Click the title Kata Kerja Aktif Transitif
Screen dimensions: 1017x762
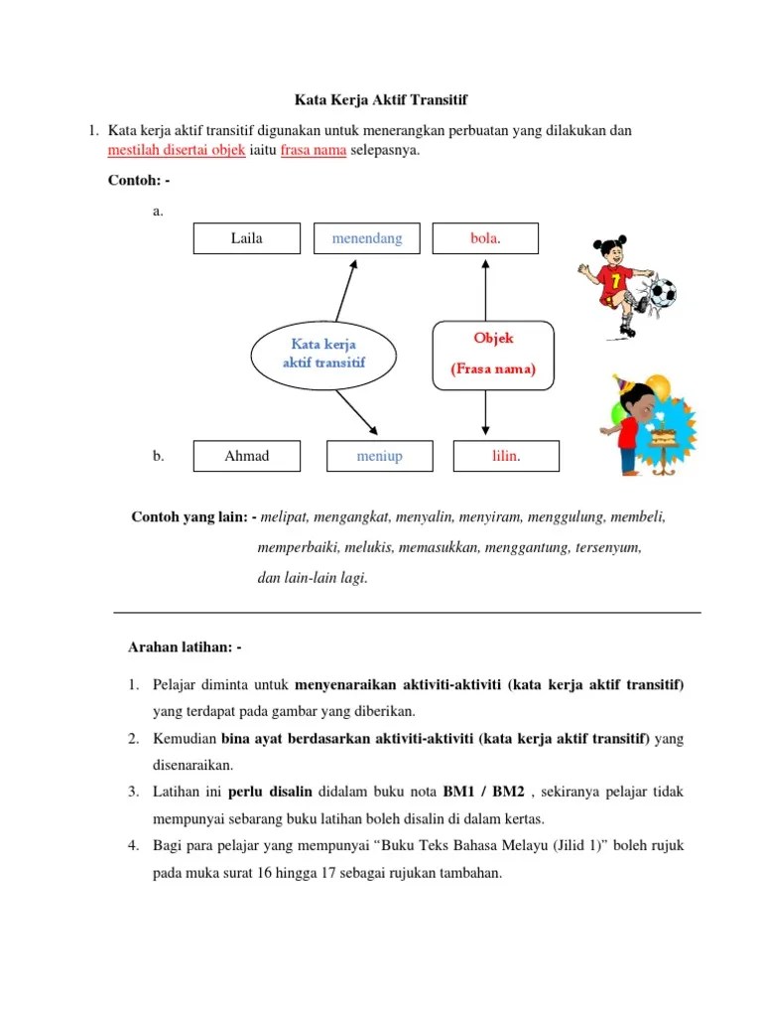tap(381, 99)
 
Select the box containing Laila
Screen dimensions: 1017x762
tap(247, 238)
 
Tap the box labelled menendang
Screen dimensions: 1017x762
tap(367, 238)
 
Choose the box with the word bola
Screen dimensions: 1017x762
tap(485, 238)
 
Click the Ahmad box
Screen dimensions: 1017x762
tap(247, 456)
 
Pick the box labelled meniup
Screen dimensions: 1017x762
tap(380, 456)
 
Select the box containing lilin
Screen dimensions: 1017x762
tap(506, 456)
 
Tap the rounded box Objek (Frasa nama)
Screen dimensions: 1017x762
tap(493, 354)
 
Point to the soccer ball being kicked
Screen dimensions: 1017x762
tap(662, 292)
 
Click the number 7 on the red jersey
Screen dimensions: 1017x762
tap(615, 282)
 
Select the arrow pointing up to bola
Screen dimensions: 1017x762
tap(485, 288)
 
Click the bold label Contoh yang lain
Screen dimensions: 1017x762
tap(194, 517)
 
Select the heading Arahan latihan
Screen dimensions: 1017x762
tap(185, 647)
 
